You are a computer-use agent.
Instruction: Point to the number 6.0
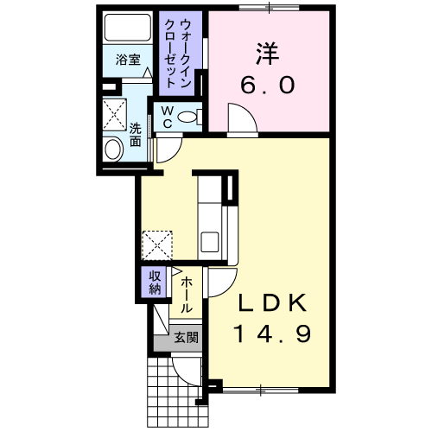pyautogui.click(x=269, y=86)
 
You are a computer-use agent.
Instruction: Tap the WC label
pyautogui.click(x=166, y=117)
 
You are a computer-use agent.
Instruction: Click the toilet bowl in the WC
pyautogui.click(x=192, y=118)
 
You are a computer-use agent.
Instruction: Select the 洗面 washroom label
pyautogui.click(x=136, y=136)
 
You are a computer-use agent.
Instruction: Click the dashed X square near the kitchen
pyautogui.click(x=157, y=245)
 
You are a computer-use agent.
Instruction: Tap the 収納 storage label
pyautogui.click(x=155, y=282)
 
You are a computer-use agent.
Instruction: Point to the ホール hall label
pyautogui.click(x=186, y=294)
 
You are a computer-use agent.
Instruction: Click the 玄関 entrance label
pyautogui.click(x=186, y=337)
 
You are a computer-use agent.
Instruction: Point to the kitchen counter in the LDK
pyautogui.click(x=211, y=216)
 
